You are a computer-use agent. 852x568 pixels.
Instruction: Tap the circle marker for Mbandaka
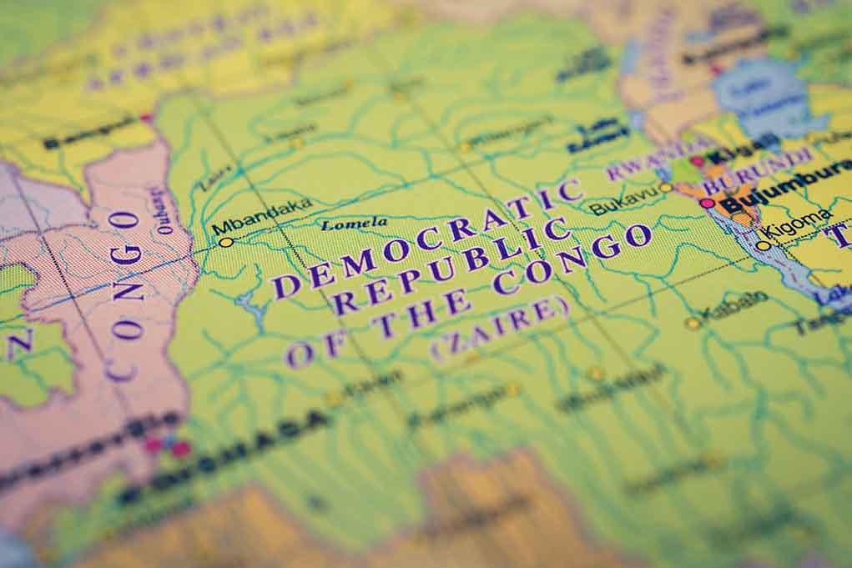[x=225, y=242]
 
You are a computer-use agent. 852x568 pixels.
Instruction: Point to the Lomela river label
[x=355, y=224]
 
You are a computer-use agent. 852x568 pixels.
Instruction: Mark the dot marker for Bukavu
[x=665, y=187]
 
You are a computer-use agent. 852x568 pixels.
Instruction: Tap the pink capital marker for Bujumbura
[x=707, y=203]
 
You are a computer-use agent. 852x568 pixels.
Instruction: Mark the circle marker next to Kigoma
[x=763, y=245]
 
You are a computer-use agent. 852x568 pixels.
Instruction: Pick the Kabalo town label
[x=734, y=307]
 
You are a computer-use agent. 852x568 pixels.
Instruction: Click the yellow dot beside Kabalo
[x=691, y=323]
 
